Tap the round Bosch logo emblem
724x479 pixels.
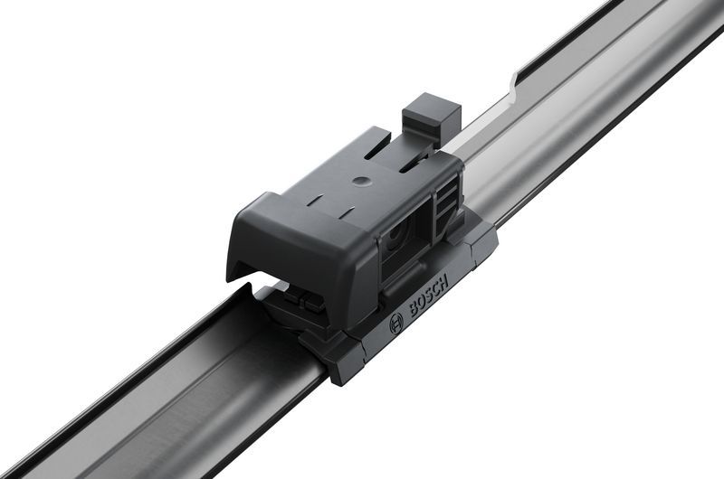[395, 325]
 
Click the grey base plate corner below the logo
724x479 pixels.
[348, 366]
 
